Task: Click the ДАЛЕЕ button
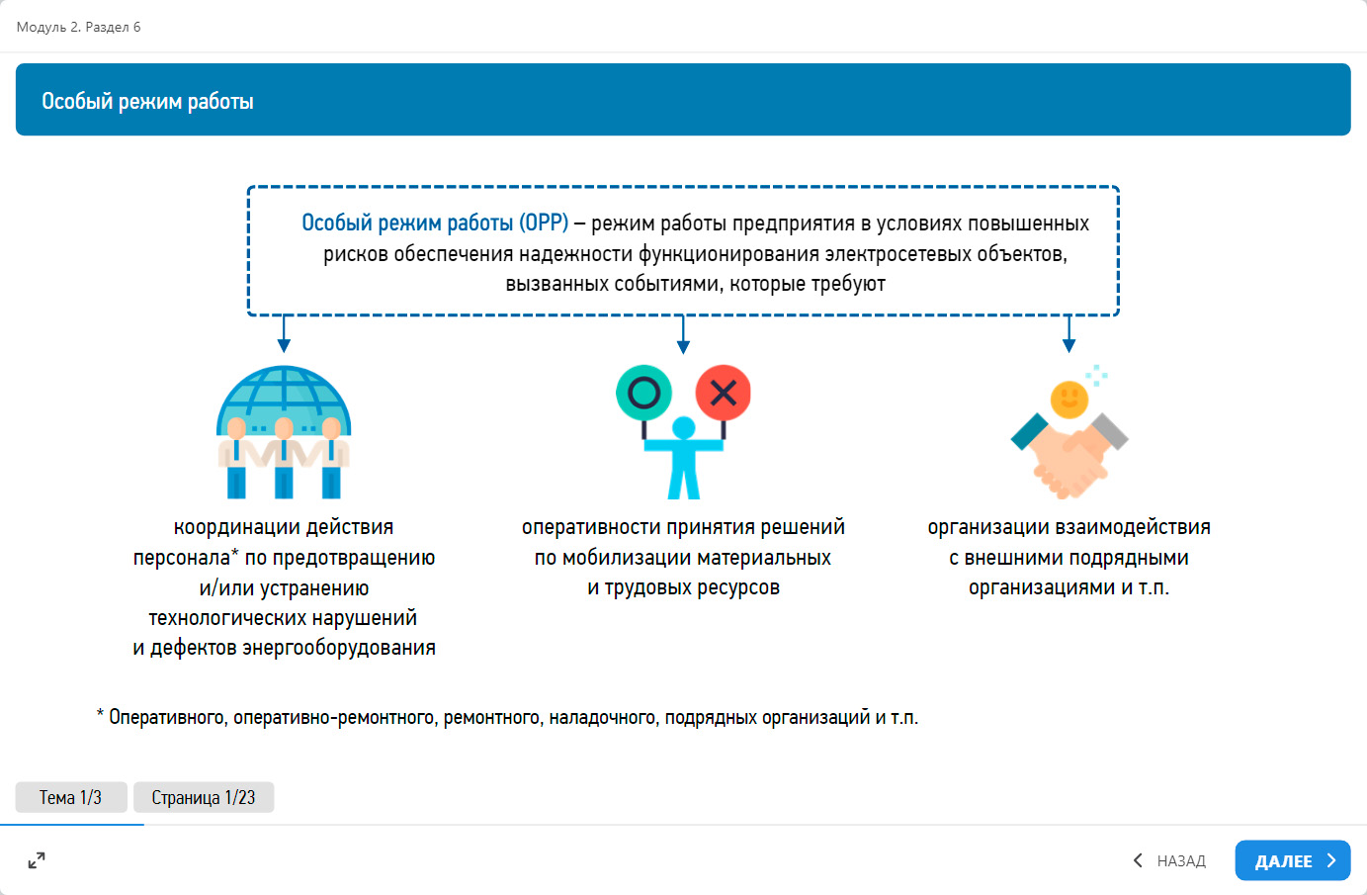[x=1292, y=860]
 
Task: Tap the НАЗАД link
[x=1170, y=860]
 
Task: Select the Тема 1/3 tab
[x=71, y=797]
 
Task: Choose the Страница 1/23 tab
[x=204, y=797]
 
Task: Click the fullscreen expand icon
[x=37, y=860]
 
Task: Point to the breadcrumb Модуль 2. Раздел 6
[x=79, y=27]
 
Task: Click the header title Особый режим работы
[x=147, y=101]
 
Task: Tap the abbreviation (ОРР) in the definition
[x=544, y=224]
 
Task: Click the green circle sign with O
[x=643, y=393]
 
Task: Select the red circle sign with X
[x=724, y=393]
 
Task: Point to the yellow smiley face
[x=1068, y=400]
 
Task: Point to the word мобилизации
[x=629, y=558]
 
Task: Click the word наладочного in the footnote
[x=602, y=717]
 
